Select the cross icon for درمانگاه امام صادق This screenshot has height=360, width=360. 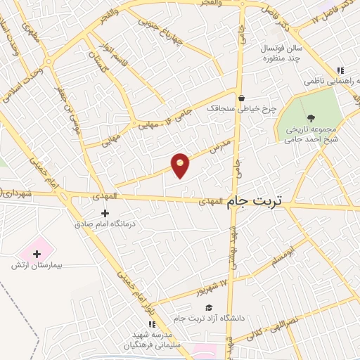pyautogui.click(x=105, y=213)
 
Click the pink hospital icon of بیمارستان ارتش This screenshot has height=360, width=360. pyautogui.click(x=35, y=251)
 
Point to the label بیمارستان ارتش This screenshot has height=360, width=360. pyautogui.click(x=37, y=266)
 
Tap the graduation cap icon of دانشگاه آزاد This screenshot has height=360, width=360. pyautogui.click(x=208, y=307)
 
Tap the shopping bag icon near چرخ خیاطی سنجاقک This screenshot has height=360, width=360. pyautogui.click(x=241, y=98)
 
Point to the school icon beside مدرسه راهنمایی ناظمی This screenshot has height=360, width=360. pyautogui.click(x=340, y=70)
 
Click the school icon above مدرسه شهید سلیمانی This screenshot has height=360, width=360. pyautogui.click(x=151, y=324)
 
